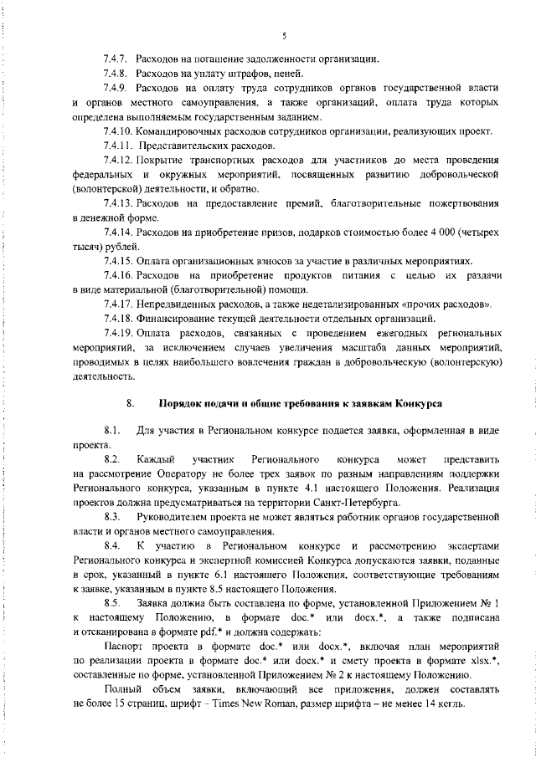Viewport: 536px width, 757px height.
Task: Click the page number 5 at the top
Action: (285, 34)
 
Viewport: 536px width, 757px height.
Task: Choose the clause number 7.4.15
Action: (118, 259)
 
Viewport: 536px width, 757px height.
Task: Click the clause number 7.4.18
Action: (118, 319)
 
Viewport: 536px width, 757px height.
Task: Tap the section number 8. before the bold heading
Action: (131, 402)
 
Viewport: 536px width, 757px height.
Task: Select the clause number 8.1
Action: (113, 431)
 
